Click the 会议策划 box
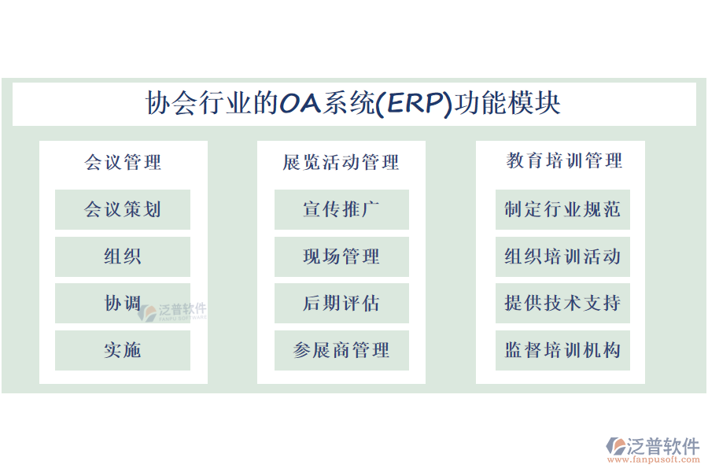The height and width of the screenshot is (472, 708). (x=123, y=209)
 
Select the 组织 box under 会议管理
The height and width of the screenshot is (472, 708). (x=123, y=256)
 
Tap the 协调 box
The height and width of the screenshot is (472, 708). (x=123, y=303)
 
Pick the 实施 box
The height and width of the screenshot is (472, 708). (x=123, y=350)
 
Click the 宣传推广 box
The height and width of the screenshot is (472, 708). (x=341, y=209)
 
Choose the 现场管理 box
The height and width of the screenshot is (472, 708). (x=341, y=256)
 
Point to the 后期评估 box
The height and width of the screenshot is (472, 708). (x=341, y=303)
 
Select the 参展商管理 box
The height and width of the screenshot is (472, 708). (x=341, y=350)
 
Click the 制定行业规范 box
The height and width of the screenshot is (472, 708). (x=562, y=209)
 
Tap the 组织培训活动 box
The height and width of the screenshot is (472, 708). (x=562, y=256)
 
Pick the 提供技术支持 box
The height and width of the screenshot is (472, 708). (x=562, y=303)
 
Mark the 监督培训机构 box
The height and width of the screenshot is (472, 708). (x=562, y=350)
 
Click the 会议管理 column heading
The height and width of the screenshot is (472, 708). (x=123, y=162)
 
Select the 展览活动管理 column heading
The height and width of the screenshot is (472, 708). (x=341, y=162)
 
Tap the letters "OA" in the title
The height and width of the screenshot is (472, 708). (x=298, y=104)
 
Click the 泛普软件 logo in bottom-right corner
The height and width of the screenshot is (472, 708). (x=653, y=447)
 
